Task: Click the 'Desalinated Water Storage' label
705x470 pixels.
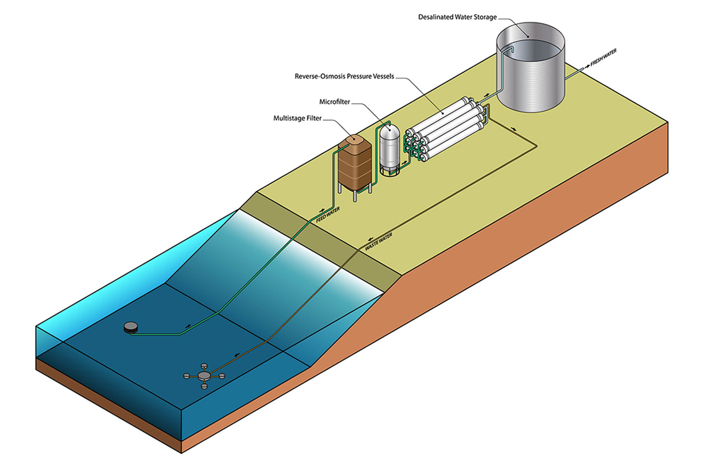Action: (x=456, y=17)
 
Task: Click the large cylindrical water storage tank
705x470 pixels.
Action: (x=532, y=71)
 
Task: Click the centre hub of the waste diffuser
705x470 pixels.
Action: (x=204, y=375)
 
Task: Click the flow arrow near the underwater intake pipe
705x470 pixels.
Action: (x=188, y=326)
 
